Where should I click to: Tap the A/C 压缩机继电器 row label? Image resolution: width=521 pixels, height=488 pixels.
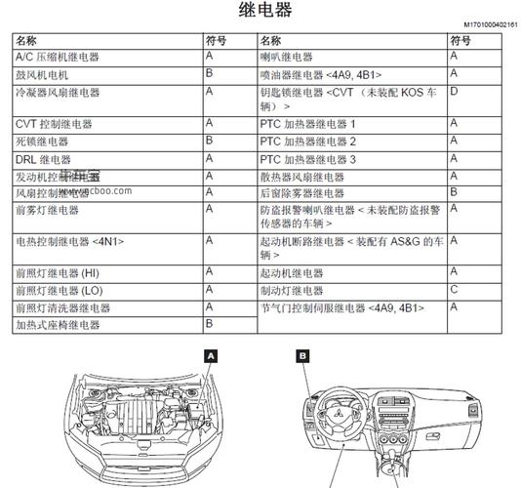(58, 58)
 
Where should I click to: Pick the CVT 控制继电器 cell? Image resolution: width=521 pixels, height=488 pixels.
(54, 125)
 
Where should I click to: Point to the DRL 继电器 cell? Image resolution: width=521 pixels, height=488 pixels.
(43, 159)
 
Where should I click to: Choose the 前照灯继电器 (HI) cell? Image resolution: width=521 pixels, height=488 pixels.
(58, 273)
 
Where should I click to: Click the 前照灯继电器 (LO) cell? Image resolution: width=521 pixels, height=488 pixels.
(60, 291)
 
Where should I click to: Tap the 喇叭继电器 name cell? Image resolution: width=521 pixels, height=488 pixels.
(287, 58)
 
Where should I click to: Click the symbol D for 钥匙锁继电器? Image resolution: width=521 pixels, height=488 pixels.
(454, 91)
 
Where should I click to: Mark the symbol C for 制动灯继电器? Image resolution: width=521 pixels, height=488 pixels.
(454, 290)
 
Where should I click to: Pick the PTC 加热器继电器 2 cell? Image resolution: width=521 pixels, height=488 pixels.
(308, 142)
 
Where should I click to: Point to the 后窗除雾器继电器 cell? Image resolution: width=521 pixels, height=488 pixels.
(302, 193)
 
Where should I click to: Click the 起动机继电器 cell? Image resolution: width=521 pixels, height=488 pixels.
(292, 273)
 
